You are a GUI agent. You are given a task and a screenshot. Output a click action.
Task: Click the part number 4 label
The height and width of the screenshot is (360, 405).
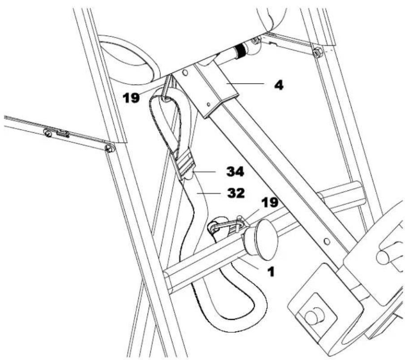coord(279,85)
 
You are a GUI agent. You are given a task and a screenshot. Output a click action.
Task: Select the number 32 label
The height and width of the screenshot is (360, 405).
coord(234,193)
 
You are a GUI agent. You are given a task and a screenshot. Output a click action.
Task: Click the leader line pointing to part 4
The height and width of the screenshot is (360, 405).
coord(248,84)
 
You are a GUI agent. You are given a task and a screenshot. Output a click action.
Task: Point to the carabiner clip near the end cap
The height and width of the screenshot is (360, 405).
coord(226,226)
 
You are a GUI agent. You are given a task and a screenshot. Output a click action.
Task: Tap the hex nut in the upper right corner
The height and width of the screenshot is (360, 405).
coord(317,52)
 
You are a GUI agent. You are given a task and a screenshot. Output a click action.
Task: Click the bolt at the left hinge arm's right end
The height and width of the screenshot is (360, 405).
coord(109,148)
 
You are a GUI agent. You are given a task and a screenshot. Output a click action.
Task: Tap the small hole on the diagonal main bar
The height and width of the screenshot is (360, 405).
coord(327,241)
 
